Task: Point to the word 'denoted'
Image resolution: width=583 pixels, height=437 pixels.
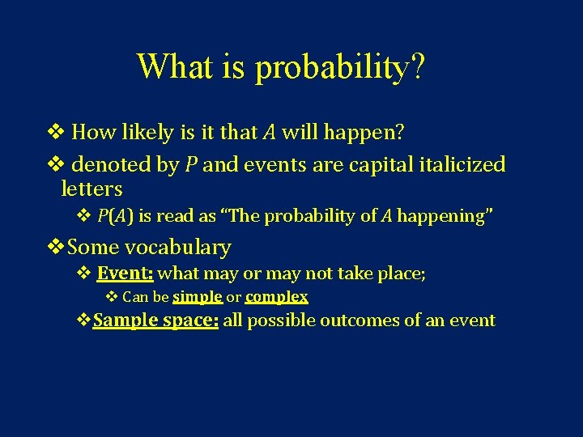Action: tap(109, 165)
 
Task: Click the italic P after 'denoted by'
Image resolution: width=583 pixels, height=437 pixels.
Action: tap(191, 165)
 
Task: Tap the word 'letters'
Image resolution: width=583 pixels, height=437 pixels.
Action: tap(91, 189)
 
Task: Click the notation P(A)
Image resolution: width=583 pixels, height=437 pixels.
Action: tap(115, 216)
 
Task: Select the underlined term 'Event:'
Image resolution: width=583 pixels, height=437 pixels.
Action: tap(125, 274)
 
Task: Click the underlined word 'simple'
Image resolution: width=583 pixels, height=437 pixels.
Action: tap(198, 297)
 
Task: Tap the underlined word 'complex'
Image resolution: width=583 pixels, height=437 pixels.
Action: tap(276, 297)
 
